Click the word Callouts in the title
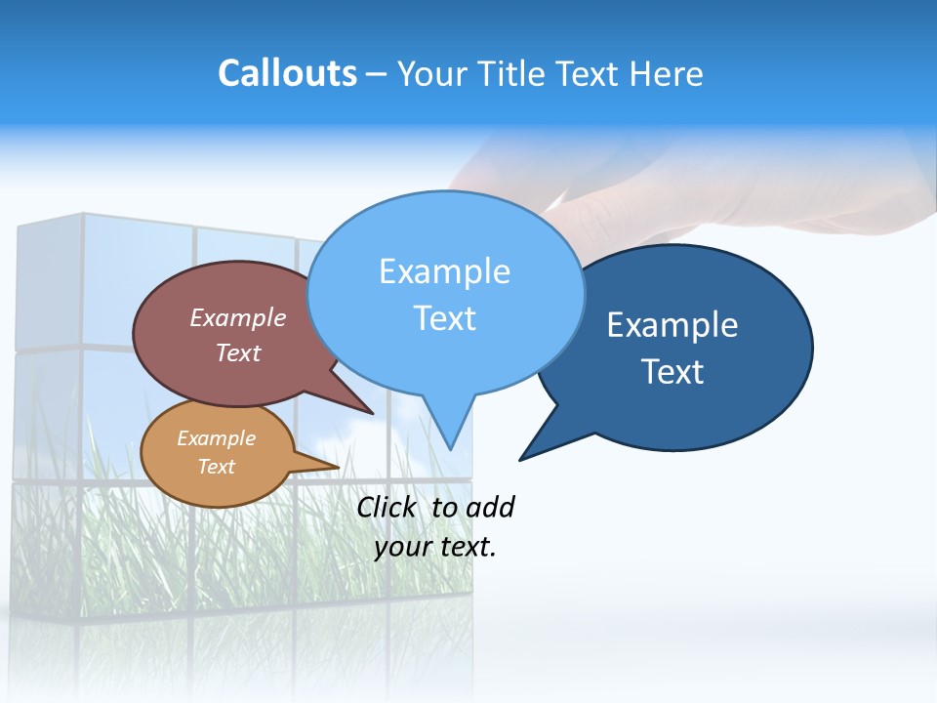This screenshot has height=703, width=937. tap(287, 73)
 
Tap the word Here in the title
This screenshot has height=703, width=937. tap(666, 73)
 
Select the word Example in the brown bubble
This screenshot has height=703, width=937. tap(238, 317)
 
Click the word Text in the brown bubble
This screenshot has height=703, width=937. tap(238, 352)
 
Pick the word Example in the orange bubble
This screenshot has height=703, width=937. tap(216, 438)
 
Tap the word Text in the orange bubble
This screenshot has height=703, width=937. tap(216, 467)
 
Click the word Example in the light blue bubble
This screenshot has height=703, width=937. tap(444, 271)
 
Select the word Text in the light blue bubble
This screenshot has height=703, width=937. tap(444, 318)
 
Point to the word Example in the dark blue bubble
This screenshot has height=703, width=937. tap(672, 325)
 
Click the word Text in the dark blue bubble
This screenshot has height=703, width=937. tap(672, 372)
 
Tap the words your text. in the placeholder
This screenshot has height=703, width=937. tap(435, 547)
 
